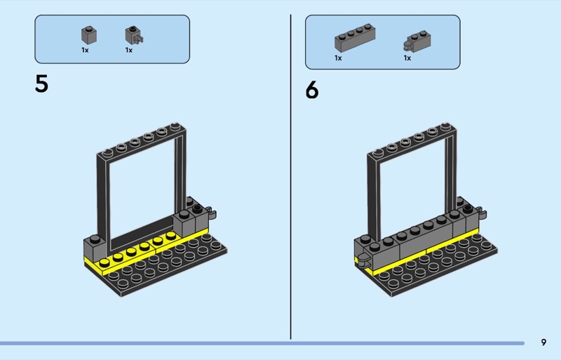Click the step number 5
(x=41, y=84)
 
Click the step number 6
(x=312, y=90)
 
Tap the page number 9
(x=544, y=342)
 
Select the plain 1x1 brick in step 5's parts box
(x=89, y=36)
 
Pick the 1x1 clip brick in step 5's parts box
(x=134, y=36)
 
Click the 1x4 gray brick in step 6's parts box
(x=355, y=38)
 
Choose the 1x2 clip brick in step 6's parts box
(x=417, y=41)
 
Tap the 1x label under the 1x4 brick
(x=338, y=58)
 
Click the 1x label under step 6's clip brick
(x=407, y=58)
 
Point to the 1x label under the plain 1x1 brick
(x=85, y=50)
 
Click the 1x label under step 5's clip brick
(x=129, y=50)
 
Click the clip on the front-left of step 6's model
(x=363, y=261)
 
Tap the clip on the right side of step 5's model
(x=212, y=214)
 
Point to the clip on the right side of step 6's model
(x=482, y=214)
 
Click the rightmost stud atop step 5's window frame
(x=175, y=126)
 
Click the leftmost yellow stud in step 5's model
(x=104, y=262)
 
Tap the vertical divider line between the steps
(x=290, y=177)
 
